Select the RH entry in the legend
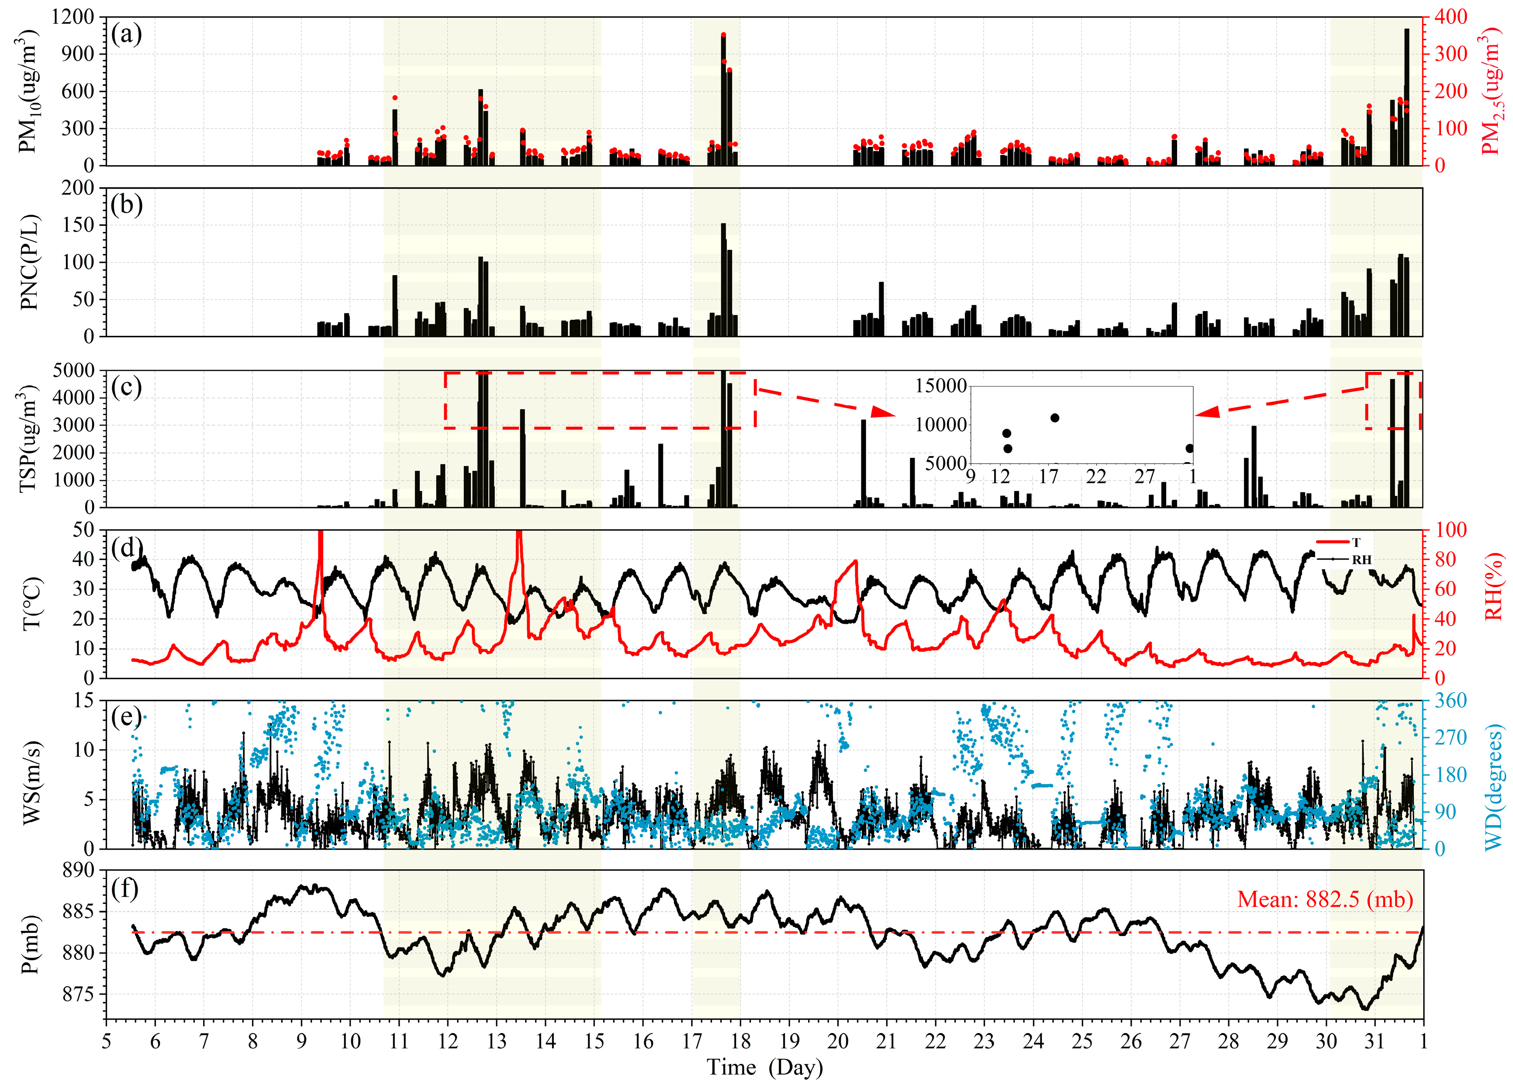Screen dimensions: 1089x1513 click(x=1361, y=560)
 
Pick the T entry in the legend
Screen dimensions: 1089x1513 click(x=1356, y=543)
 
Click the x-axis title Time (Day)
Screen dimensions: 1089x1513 click(x=764, y=1067)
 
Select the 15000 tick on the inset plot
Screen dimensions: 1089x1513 click(x=941, y=386)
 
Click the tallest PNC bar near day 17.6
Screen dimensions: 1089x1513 click(x=723, y=280)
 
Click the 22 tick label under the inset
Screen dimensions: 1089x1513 click(x=1096, y=477)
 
